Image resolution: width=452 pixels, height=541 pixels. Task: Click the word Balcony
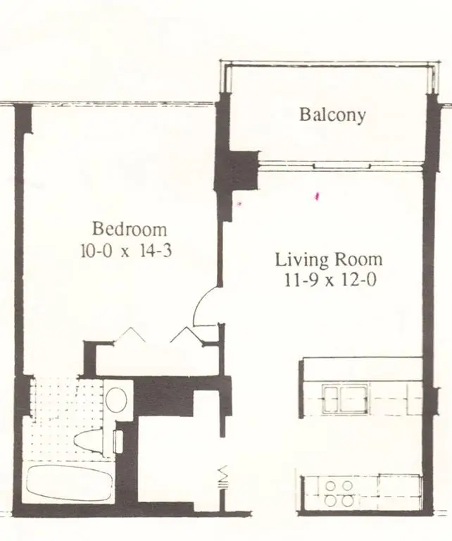[332, 115]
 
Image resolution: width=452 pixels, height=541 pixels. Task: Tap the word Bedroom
[130, 229]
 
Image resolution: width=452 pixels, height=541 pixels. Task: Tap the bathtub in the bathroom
[68, 483]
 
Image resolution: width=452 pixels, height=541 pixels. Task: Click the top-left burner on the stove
[331, 485]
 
